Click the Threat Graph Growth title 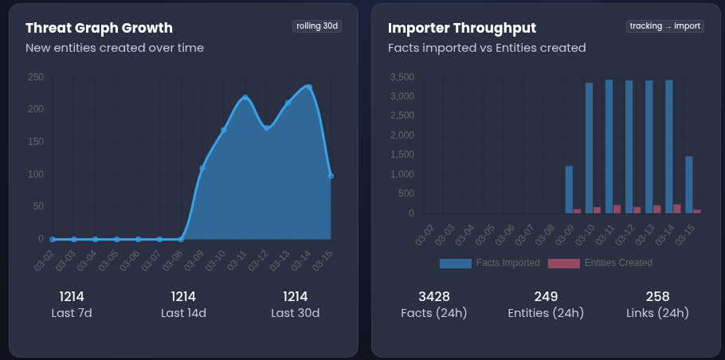pyautogui.click(x=99, y=28)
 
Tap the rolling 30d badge pyautogui.click(x=318, y=25)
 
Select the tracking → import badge pyautogui.click(x=665, y=25)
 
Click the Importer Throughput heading pyautogui.click(x=462, y=28)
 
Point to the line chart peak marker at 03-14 pyautogui.click(x=309, y=87)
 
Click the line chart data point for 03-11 pyautogui.click(x=245, y=97)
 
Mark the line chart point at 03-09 pyautogui.click(x=202, y=168)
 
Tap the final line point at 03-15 pyautogui.click(x=331, y=176)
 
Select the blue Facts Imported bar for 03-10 pyautogui.click(x=589, y=147)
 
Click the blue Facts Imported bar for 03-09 pyautogui.click(x=569, y=190)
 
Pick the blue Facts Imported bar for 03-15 pyautogui.click(x=689, y=185)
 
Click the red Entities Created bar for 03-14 pyautogui.click(x=677, y=209)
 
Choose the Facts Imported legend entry pyautogui.click(x=489, y=263)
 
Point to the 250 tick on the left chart pyautogui.click(x=35, y=77)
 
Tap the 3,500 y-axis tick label pyautogui.click(x=402, y=77)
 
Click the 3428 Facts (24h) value pyautogui.click(x=434, y=296)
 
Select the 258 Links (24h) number pyautogui.click(x=657, y=296)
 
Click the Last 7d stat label pyautogui.click(x=72, y=313)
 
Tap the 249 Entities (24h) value pyautogui.click(x=546, y=296)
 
